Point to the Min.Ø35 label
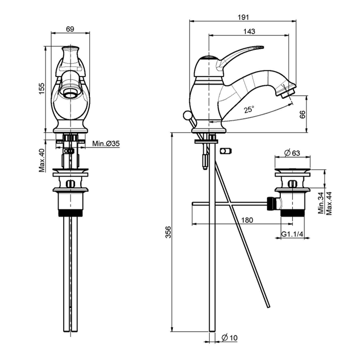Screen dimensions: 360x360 tap(106, 144)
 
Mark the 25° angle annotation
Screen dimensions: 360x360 tap(249, 109)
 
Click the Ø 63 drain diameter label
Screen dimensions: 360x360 tap(292, 153)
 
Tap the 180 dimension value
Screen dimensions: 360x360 tap(247, 220)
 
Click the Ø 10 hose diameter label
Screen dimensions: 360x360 tap(229, 337)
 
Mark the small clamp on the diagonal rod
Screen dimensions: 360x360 tap(225, 151)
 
